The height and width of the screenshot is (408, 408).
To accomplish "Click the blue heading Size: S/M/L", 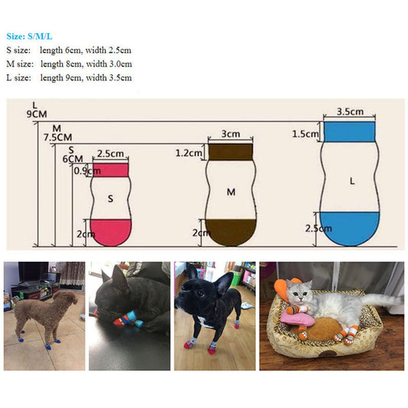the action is [x=29, y=37].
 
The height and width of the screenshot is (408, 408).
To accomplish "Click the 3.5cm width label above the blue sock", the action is [x=350, y=112].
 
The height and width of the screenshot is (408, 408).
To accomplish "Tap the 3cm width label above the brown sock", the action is [x=230, y=134].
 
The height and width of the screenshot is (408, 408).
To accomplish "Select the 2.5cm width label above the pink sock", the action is [x=110, y=154].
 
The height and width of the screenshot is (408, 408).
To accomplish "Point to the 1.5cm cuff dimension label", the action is [x=305, y=134].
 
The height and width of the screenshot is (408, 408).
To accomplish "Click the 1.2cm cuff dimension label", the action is [x=189, y=153].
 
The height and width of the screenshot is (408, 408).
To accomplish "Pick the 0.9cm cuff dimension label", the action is [x=87, y=171].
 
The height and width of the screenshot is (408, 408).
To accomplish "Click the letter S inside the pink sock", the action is [x=110, y=199].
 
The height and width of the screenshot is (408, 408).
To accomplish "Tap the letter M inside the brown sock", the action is [x=231, y=192].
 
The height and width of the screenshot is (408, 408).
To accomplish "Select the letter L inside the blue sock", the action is [x=352, y=181].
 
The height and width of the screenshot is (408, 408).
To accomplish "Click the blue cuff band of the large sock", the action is [x=350, y=132].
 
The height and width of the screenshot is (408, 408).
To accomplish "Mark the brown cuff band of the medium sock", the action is [x=230, y=152].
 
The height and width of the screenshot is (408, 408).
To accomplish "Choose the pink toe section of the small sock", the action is [x=110, y=232].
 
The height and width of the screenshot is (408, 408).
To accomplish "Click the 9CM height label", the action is [x=37, y=114].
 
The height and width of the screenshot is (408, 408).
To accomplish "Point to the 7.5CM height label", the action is [x=57, y=137].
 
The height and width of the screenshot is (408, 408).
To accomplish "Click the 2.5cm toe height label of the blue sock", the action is [x=318, y=228].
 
